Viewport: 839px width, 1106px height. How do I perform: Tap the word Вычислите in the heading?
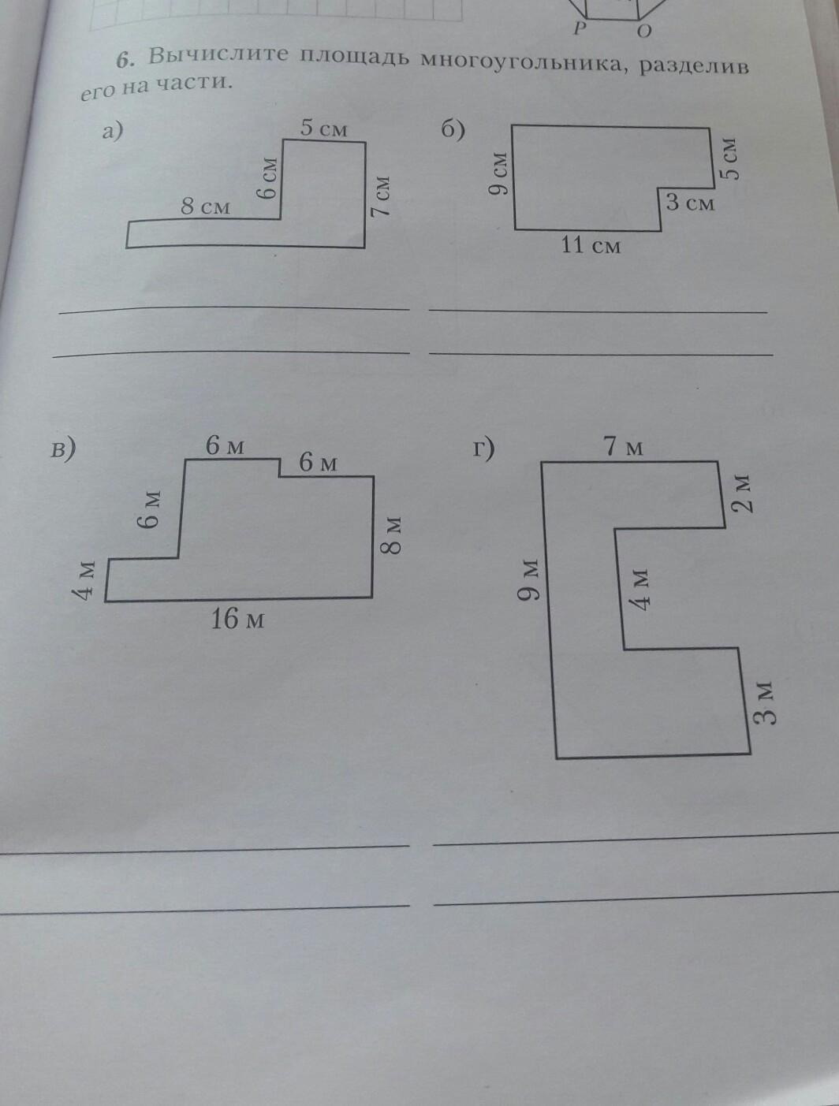point(211,57)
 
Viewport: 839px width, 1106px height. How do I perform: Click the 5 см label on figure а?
point(324,127)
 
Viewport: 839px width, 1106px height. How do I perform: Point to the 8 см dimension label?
point(205,207)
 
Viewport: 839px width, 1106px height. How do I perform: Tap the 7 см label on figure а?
point(382,196)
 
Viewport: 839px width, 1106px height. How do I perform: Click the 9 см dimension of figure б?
point(498,174)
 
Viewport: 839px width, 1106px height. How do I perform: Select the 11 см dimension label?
point(591,245)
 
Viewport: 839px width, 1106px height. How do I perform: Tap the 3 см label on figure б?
point(690,203)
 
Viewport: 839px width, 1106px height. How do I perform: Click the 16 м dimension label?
point(237,620)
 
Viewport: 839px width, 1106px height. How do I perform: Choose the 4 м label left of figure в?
point(87,579)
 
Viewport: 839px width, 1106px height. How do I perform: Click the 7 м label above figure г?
point(624,447)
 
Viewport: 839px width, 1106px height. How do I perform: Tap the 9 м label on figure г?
point(529,579)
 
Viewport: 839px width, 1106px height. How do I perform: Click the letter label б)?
point(453,131)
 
